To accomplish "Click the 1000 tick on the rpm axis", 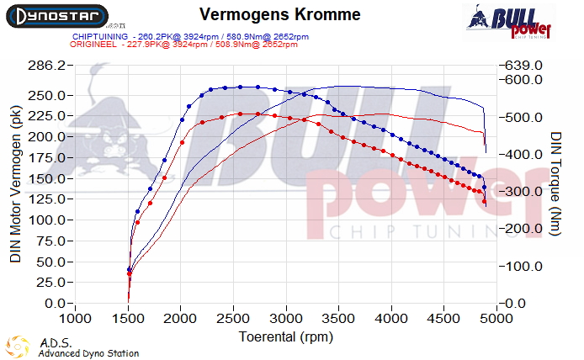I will (76, 320).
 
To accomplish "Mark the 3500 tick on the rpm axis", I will (338, 320).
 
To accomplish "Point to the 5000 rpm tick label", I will (496, 320).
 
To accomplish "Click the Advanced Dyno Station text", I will (88, 353).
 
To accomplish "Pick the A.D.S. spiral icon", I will (17, 347).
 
